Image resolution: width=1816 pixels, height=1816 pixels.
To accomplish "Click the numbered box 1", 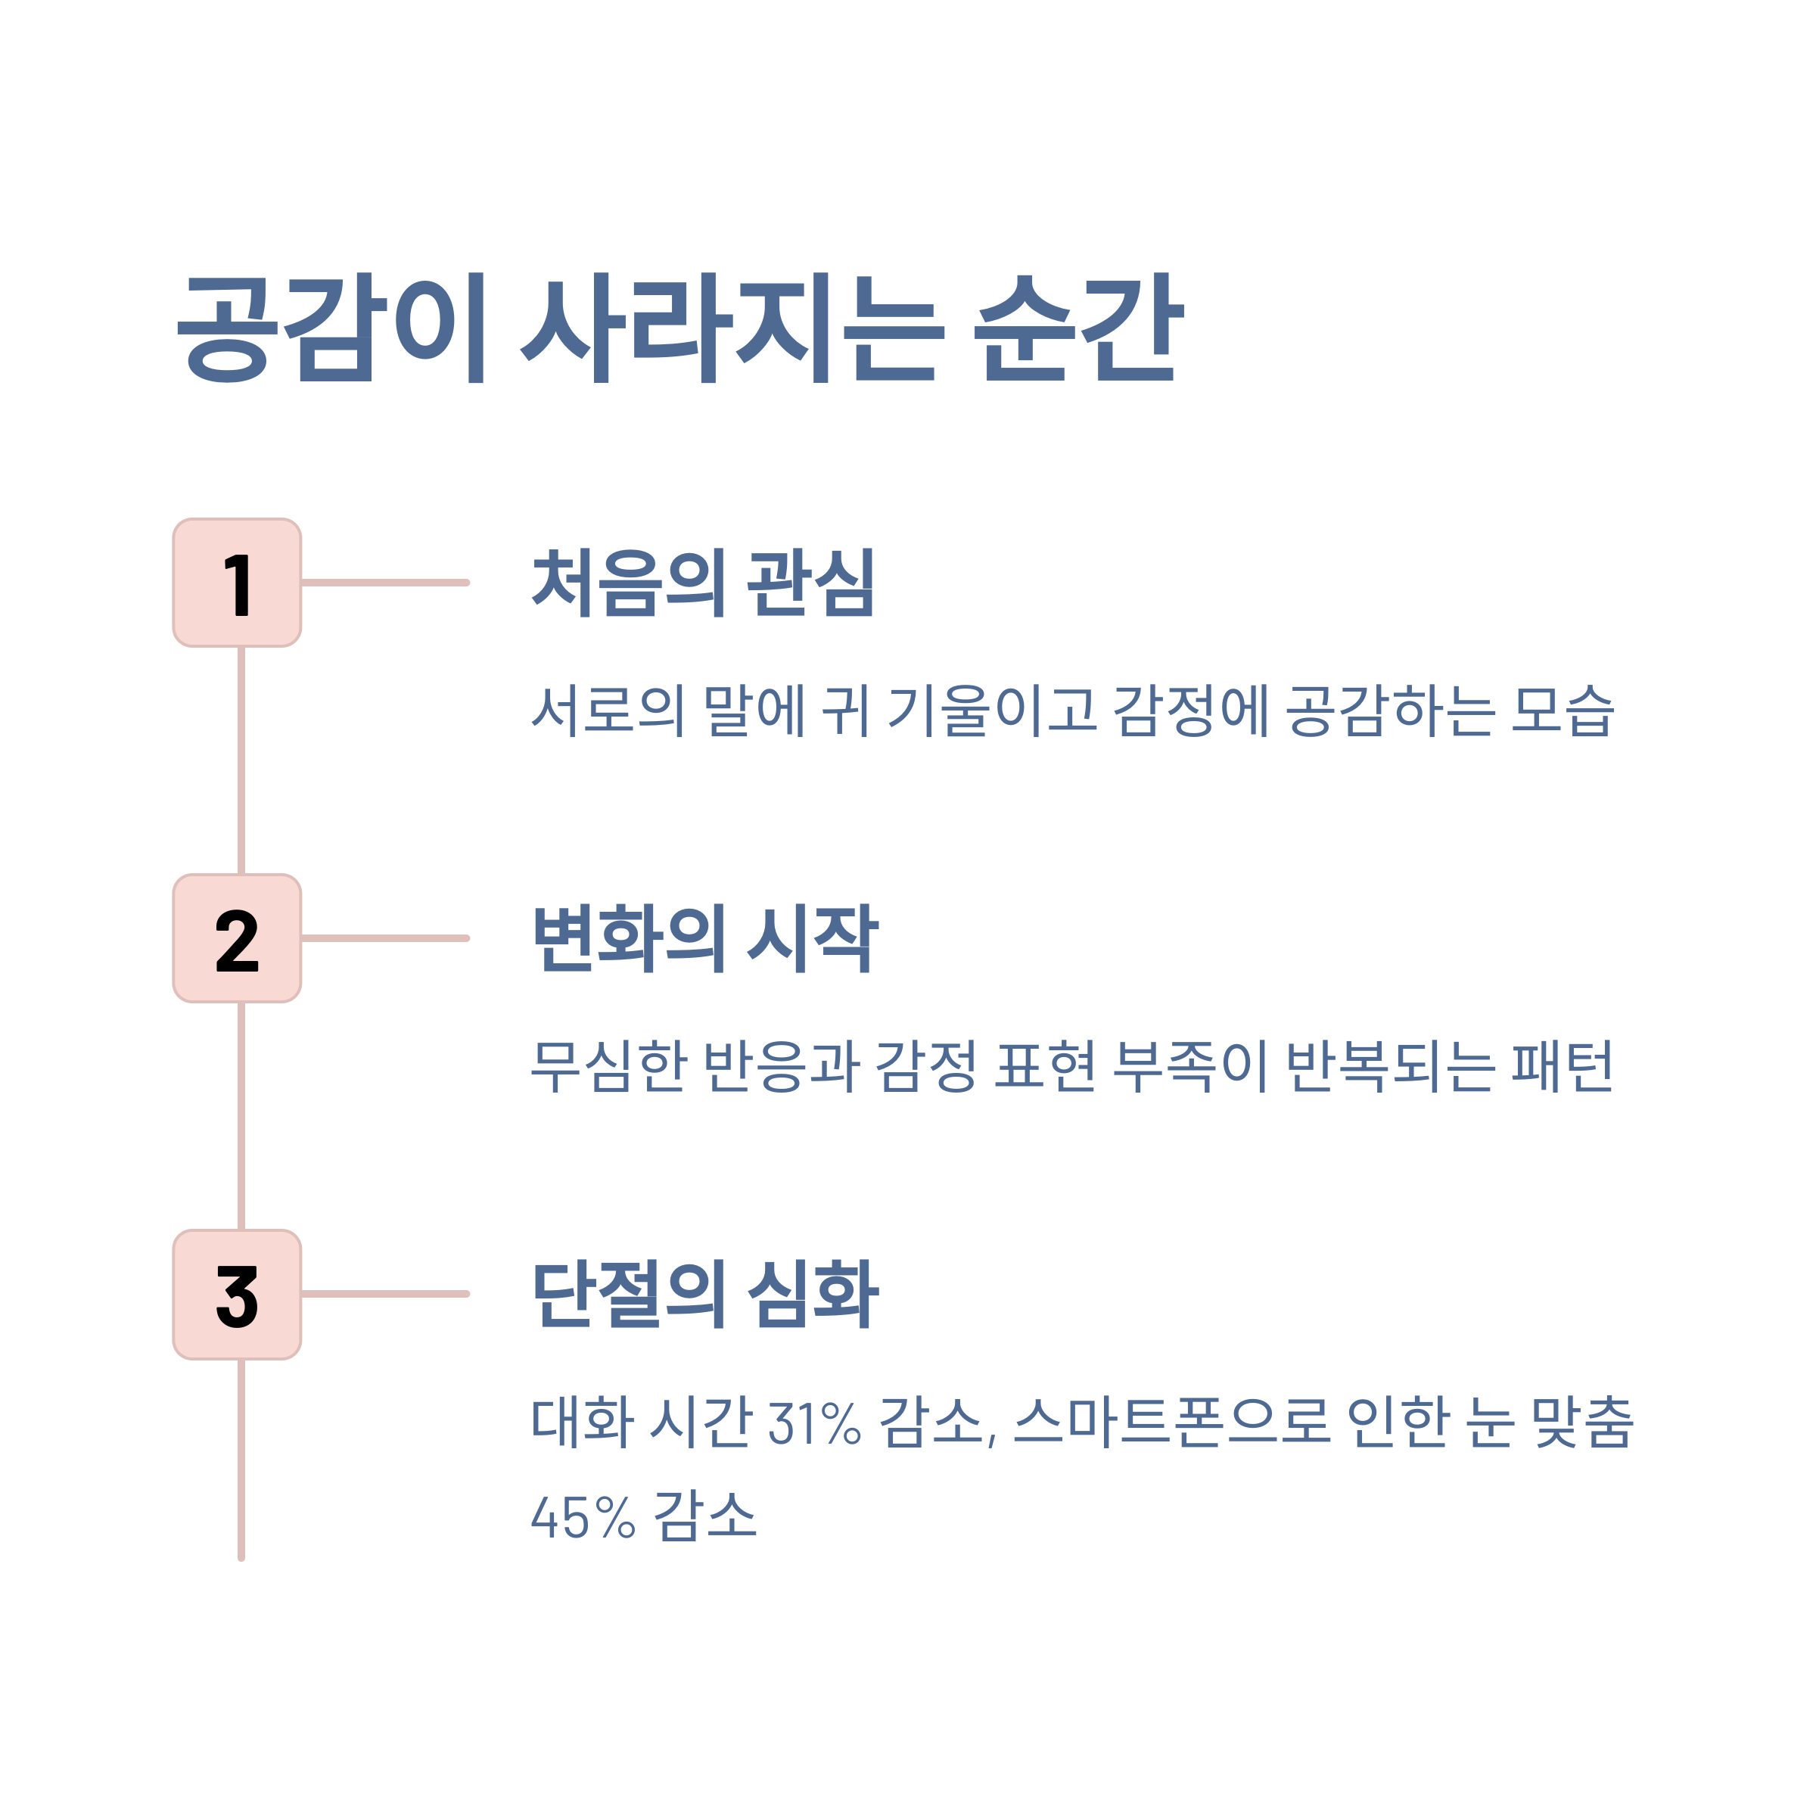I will click(237, 583).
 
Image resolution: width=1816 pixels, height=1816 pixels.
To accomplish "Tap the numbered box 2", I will click(237, 938).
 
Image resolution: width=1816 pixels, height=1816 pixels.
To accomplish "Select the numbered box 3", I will click(237, 1295).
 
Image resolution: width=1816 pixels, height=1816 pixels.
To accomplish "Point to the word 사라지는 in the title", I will click(729, 328).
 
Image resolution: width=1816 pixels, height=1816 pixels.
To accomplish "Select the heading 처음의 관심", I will click(703, 583).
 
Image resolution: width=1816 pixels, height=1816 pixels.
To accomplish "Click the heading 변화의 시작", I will click(705, 938).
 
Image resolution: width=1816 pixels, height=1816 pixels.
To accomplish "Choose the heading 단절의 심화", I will click(705, 1295).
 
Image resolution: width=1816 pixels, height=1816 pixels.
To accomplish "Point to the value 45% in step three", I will click(583, 1517).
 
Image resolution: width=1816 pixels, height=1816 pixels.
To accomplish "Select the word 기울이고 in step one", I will click(992, 711).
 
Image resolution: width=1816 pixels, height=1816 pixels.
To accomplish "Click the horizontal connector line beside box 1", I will click(385, 583).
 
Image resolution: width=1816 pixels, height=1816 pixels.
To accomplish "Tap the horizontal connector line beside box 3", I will click(385, 1295).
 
